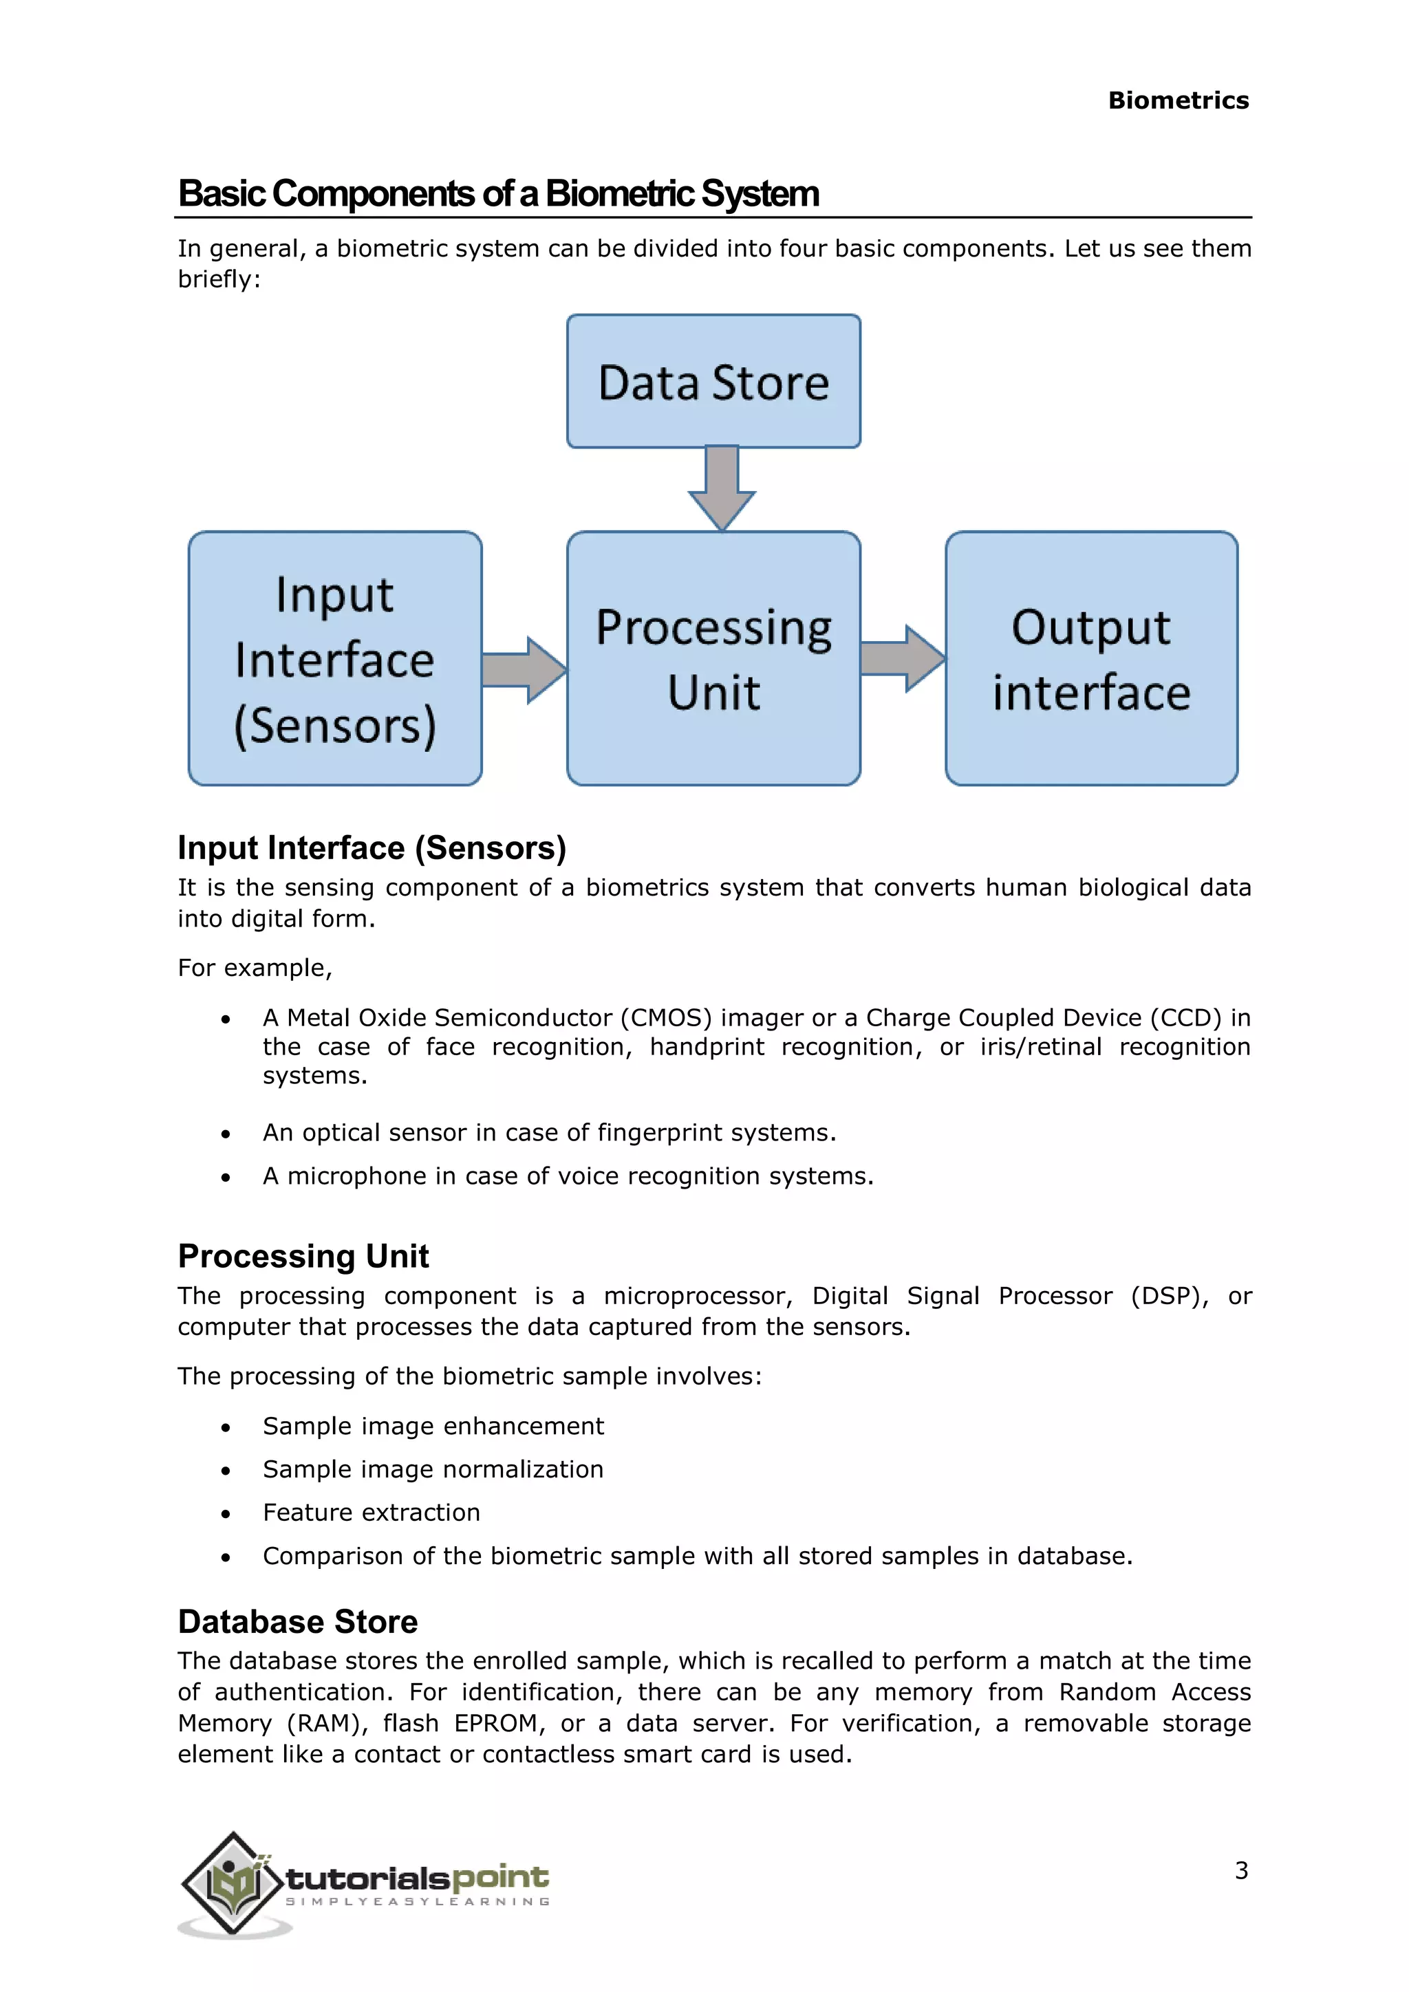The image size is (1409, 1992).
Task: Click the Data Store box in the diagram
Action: pyautogui.click(x=713, y=382)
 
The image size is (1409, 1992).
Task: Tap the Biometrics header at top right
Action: pyautogui.click(x=1179, y=100)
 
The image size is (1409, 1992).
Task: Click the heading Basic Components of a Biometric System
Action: pyautogui.click(x=498, y=193)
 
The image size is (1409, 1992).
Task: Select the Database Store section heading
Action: pyautogui.click(x=298, y=1621)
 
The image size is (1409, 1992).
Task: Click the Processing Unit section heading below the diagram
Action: pyautogui.click(x=303, y=1256)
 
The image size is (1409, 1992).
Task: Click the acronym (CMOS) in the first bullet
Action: pyautogui.click(x=665, y=1018)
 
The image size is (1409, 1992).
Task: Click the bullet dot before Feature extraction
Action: pyautogui.click(x=226, y=1514)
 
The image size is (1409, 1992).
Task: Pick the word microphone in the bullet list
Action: pyautogui.click(x=356, y=1176)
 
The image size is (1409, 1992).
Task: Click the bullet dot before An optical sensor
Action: pyautogui.click(x=226, y=1134)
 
